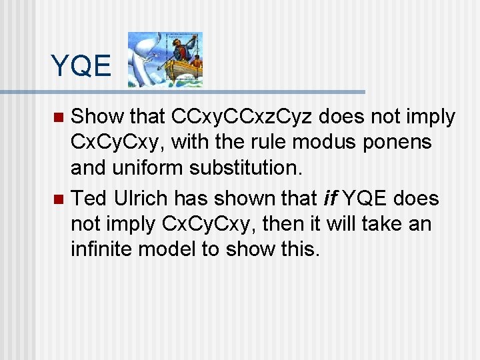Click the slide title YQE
(x=81, y=66)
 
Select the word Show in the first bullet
(x=97, y=117)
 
